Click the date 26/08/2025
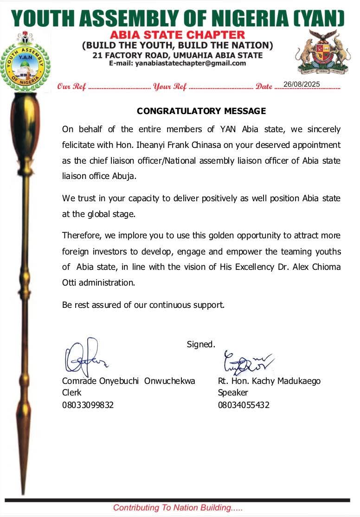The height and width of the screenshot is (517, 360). (302, 84)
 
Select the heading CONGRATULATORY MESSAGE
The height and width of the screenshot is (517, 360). (201, 111)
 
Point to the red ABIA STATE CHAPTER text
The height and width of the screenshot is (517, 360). (177, 35)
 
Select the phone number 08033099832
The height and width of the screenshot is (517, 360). (88, 405)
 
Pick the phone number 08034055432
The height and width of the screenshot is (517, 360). (244, 405)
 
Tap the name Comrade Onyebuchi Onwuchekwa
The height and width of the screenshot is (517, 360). (129, 381)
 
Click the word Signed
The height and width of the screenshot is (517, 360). (201, 344)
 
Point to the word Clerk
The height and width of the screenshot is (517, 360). (72, 393)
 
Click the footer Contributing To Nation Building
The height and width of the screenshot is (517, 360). (178, 508)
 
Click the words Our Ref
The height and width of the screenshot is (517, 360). (71, 87)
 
